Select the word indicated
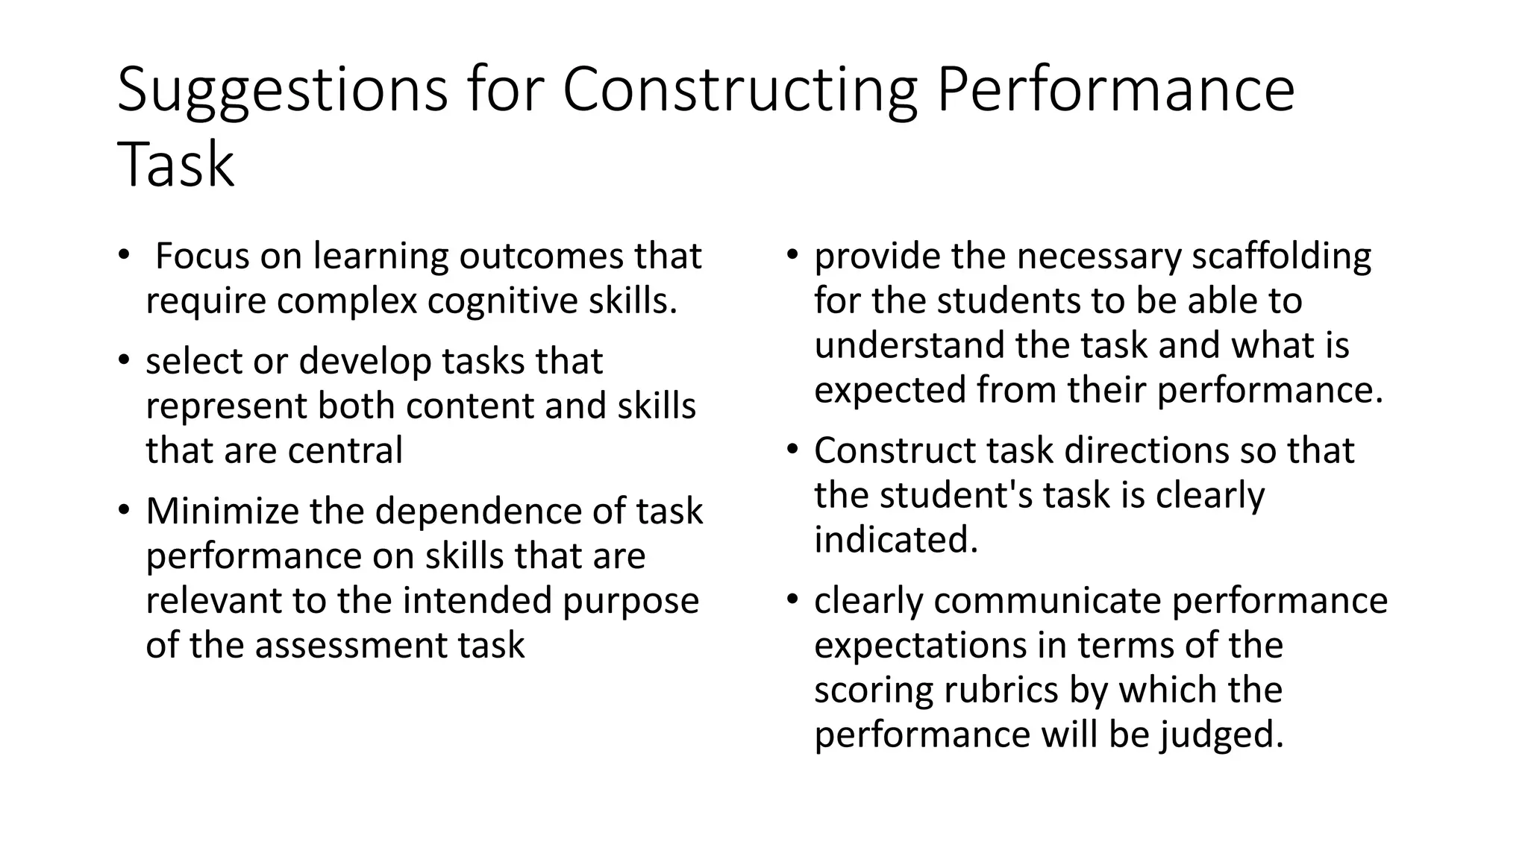click(895, 541)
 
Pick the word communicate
click(1047, 601)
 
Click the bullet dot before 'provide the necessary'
click(793, 254)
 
